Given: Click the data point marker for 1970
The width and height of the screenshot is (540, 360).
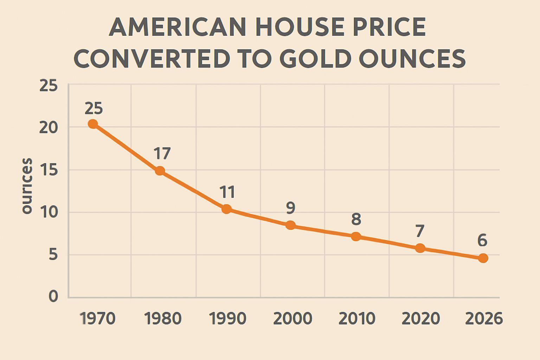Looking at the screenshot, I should [93, 124].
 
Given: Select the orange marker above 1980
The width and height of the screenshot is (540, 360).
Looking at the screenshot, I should [160, 171].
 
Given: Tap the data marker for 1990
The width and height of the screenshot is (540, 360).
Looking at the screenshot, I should [227, 209].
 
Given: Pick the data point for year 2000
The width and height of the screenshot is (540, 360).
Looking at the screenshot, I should [290, 225].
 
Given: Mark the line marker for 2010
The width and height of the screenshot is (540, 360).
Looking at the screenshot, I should [356, 237].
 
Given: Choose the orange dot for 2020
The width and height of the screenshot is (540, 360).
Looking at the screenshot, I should [420, 248].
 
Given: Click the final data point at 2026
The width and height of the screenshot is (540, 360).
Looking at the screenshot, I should [483, 258].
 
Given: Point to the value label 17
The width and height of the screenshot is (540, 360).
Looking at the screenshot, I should [162, 154].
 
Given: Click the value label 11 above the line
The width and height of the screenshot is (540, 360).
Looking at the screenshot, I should [227, 192].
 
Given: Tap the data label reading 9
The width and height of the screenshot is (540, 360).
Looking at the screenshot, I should [290, 208].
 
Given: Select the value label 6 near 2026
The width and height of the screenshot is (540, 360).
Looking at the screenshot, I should [482, 241].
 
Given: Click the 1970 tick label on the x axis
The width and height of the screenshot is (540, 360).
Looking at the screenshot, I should [98, 319].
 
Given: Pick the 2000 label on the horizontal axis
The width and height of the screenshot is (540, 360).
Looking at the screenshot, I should [292, 319].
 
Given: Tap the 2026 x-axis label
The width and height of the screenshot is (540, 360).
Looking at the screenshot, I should [484, 319].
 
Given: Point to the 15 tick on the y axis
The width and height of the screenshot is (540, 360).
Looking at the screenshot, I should [49, 170].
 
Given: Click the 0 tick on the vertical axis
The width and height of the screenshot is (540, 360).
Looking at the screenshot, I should [53, 296].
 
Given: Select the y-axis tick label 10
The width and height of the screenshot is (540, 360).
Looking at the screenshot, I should [49, 212].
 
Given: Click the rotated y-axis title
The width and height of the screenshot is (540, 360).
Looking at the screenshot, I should [27, 186].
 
